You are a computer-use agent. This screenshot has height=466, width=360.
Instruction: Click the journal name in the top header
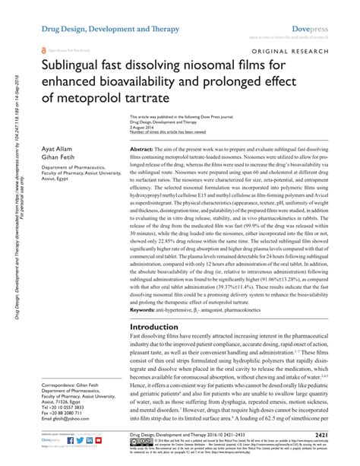(101, 28)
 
